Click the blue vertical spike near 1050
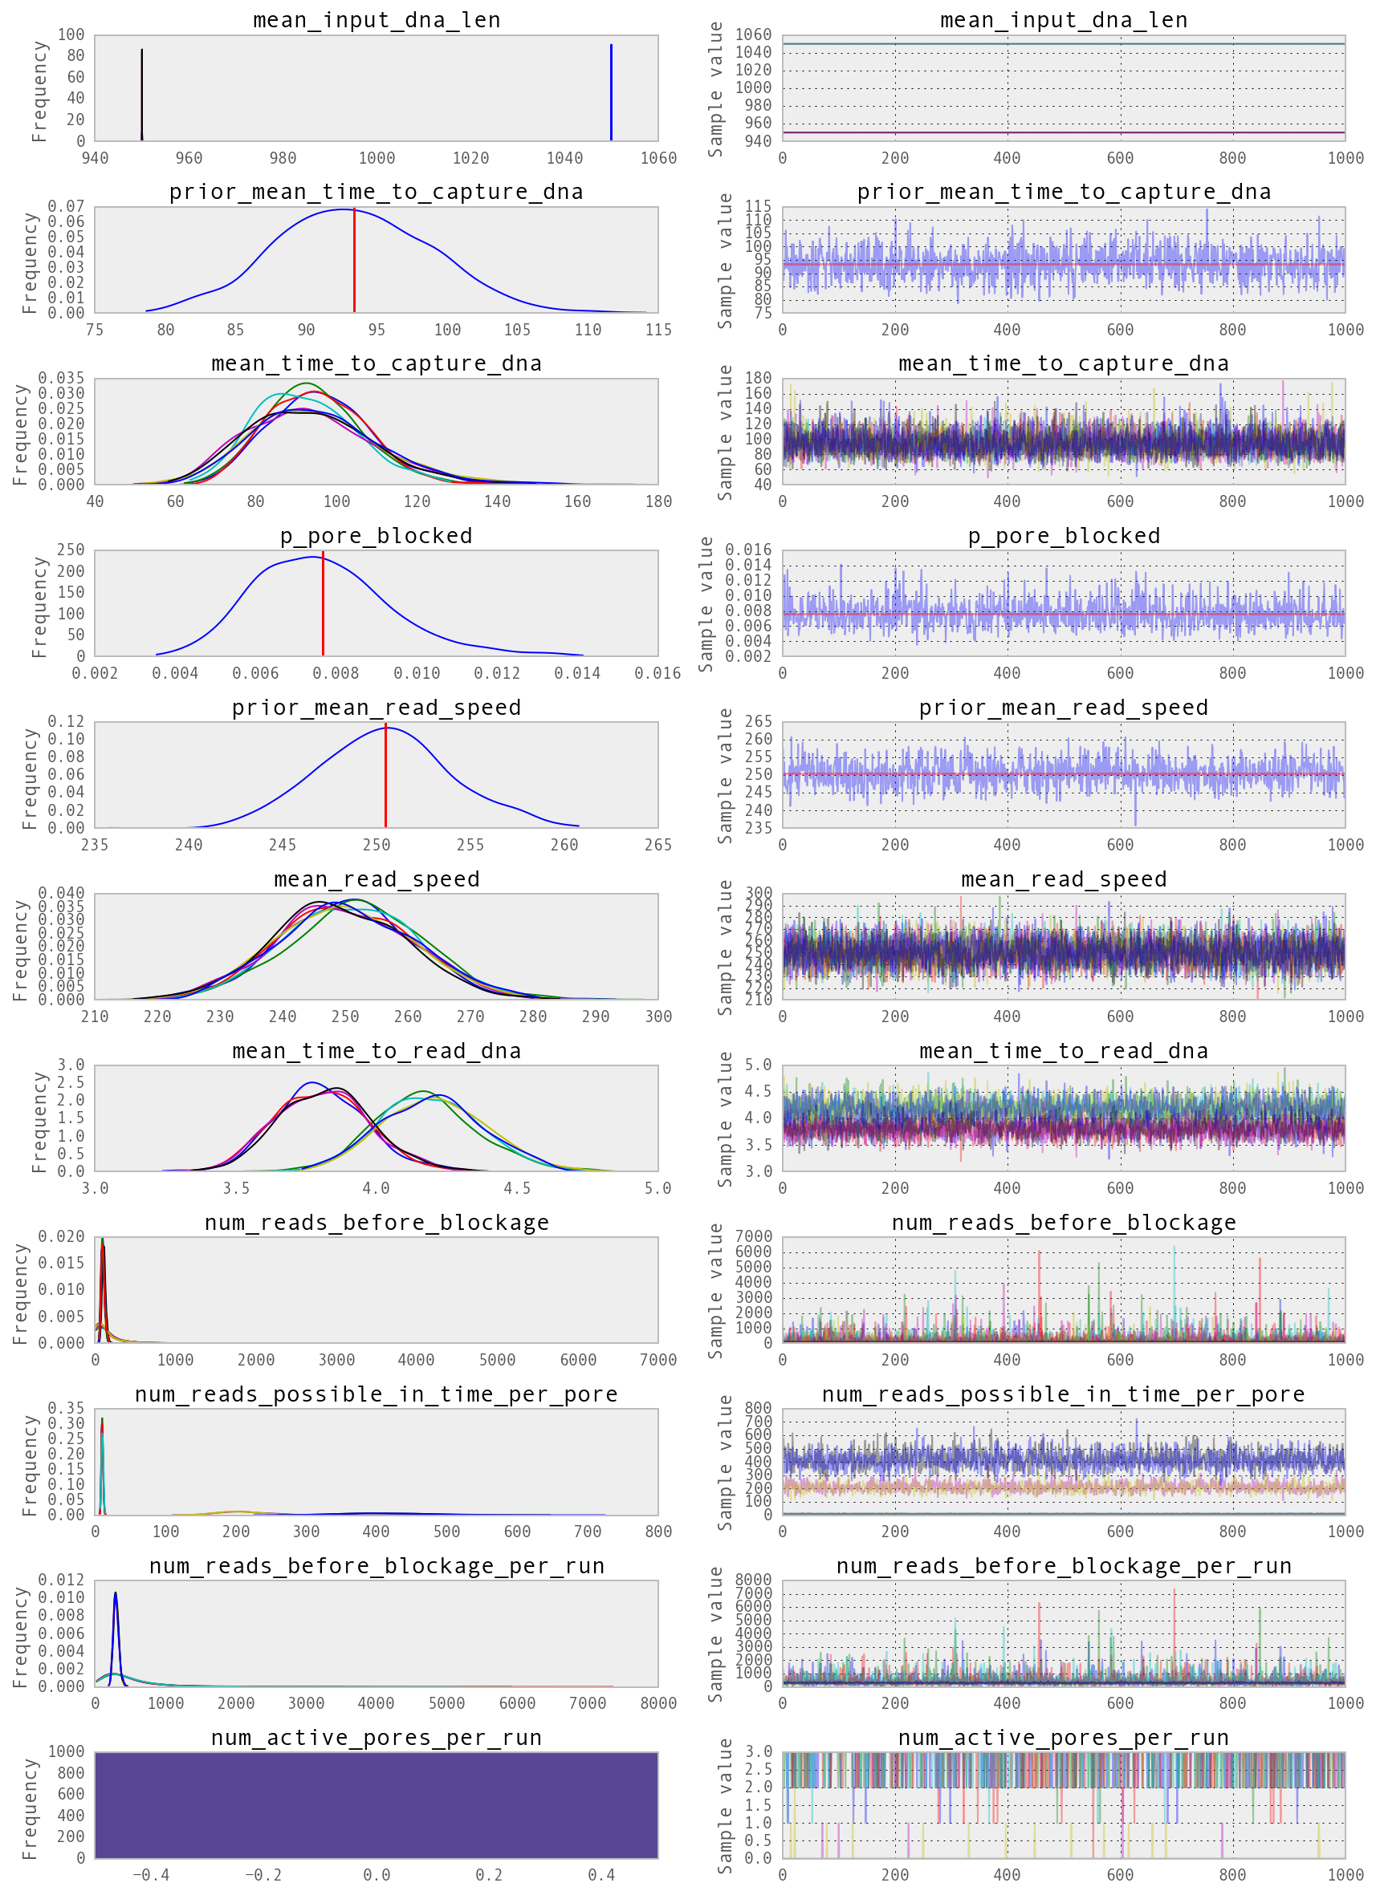point(611,92)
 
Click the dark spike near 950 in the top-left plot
point(142,94)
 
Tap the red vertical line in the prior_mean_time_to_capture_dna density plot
point(355,261)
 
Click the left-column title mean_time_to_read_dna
point(377,1051)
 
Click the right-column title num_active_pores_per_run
point(1064,1738)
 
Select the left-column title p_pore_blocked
point(377,536)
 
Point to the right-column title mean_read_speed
point(1064,879)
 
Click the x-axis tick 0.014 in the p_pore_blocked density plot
point(577,673)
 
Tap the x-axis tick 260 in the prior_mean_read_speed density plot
point(564,845)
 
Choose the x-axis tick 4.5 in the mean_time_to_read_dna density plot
point(517,1188)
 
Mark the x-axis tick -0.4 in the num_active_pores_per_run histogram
point(151,1875)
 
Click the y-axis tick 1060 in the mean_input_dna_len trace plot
point(752,35)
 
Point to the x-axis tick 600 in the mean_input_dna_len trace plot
point(1120,158)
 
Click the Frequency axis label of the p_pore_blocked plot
point(39,606)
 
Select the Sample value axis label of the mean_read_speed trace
point(725,947)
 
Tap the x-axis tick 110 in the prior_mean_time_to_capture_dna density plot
point(588,330)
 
